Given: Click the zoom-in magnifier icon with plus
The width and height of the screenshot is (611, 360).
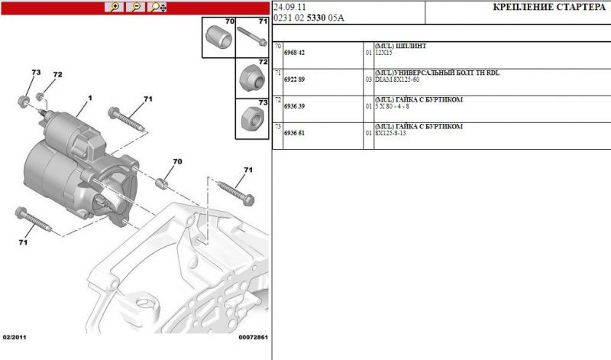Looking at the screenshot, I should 115,7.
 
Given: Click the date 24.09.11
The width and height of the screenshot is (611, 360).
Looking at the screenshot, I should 290,7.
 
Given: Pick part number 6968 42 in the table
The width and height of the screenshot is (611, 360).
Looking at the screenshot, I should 294,54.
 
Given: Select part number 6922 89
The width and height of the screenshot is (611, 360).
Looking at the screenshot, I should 294,79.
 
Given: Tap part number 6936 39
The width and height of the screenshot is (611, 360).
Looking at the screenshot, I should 294,107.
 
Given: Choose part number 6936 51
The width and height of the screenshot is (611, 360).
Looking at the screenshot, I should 294,133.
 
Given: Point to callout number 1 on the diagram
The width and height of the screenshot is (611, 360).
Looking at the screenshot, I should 89,99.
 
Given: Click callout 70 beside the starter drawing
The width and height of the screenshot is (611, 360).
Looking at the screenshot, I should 177,162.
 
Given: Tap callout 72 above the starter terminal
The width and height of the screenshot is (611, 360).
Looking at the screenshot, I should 57,75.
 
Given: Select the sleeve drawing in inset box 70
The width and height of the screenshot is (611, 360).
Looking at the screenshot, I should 218,37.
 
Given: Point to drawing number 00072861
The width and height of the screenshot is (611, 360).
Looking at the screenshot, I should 253,337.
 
